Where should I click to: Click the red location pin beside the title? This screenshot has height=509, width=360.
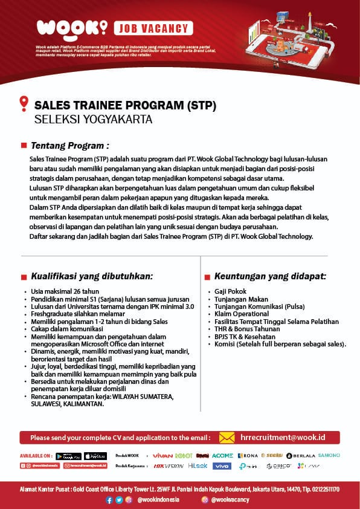tap(24, 103)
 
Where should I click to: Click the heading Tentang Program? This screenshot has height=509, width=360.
tap(69, 146)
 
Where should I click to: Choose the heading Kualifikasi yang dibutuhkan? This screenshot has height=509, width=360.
tap(92, 276)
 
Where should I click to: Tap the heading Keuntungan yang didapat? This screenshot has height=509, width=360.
tap(270, 276)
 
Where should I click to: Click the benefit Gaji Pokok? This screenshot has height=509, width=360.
tap(226, 291)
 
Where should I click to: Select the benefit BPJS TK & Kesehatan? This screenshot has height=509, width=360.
tap(245, 337)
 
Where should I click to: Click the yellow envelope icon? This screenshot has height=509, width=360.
tap(227, 437)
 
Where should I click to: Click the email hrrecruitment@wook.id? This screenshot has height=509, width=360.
tap(283, 437)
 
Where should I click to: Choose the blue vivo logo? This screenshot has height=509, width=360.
tap(222, 466)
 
